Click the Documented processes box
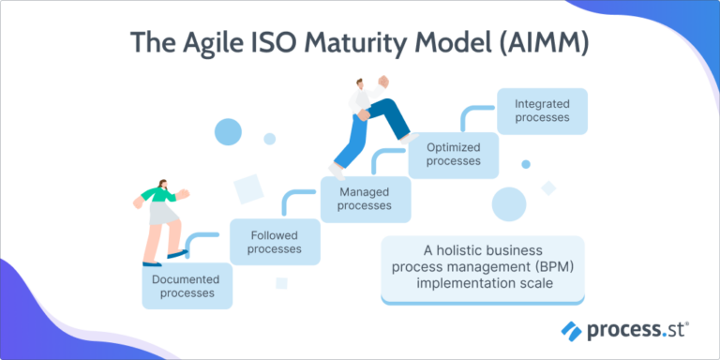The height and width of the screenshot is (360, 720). (x=187, y=286)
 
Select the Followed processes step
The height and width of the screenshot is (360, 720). (x=275, y=242)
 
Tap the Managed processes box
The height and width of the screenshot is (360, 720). (x=365, y=199)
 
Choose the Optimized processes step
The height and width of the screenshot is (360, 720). (x=453, y=155)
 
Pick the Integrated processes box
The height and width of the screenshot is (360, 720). (x=542, y=111)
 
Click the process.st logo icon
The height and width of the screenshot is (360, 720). (x=572, y=330)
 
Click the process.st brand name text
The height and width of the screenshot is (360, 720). (x=637, y=330)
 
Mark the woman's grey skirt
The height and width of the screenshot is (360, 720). (x=160, y=215)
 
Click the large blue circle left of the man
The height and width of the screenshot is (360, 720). (x=228, y=131)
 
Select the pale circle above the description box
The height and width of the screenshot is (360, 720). (x=509, y=203)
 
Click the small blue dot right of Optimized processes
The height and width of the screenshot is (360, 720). (x=526, y=164)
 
